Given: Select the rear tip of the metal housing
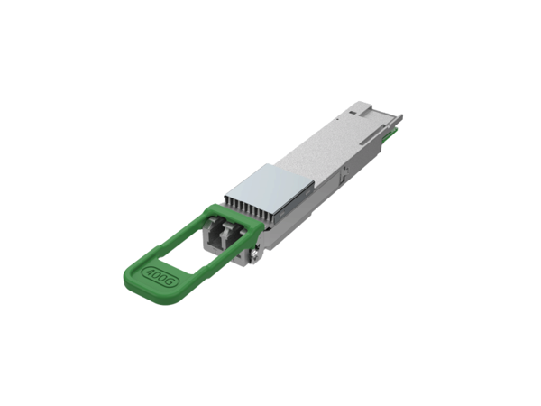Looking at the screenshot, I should click(399, 120).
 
